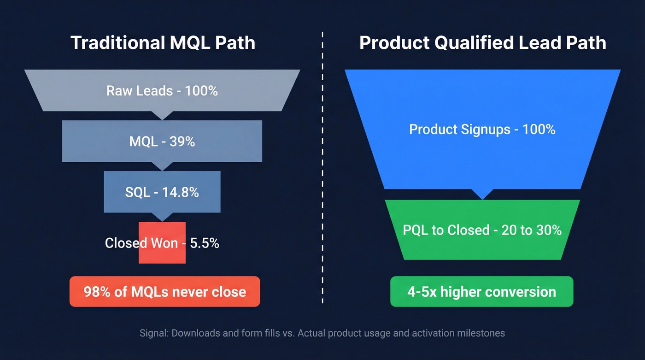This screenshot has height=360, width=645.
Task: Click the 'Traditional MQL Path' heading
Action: [163, 43]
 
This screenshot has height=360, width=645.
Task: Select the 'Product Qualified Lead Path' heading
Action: [482, 43]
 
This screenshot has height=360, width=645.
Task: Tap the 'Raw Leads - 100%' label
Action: [162, 90]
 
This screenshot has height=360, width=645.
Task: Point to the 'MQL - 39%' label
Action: [162, 142]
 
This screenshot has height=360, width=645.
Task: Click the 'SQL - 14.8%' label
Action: [162, 192]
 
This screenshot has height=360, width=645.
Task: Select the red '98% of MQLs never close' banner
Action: [164, 291]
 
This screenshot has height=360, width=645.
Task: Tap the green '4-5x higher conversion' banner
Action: [481, 291]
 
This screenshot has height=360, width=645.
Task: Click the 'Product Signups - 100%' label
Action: [482, 129]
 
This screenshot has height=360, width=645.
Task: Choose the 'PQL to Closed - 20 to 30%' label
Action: [482, 230]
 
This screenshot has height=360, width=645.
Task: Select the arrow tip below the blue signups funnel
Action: [482, 198]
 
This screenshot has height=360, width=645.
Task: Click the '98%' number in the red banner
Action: [94, 292]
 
